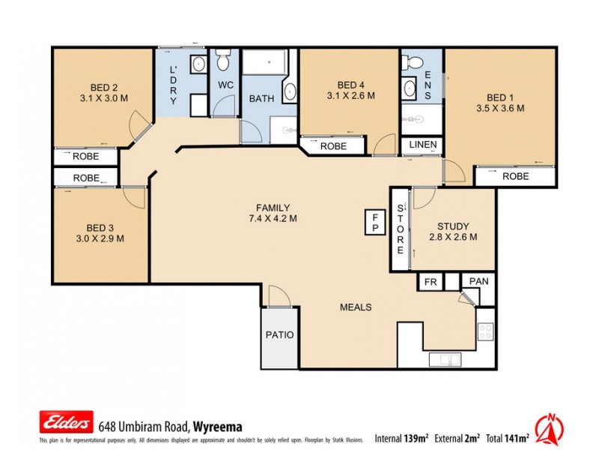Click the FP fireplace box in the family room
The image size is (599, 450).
coord(374,221)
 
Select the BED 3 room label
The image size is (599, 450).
coord(101,228)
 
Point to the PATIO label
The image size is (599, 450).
coord(280,335)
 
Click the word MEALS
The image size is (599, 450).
coord(356,307)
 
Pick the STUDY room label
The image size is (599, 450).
coord(453,226)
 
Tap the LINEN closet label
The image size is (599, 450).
coord(423,145)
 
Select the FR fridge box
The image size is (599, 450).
coord(430,281)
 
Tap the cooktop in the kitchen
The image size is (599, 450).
coord(486,330)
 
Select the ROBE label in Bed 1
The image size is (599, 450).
coord(515,177)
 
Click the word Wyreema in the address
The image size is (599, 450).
coord(218,425)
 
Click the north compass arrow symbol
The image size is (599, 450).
coord(552,428)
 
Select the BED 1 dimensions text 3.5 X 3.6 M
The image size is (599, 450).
coord(500,108)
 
